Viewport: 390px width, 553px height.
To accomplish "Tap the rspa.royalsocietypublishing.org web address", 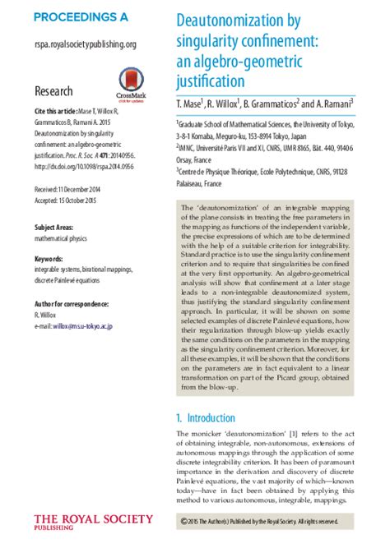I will point(86,44).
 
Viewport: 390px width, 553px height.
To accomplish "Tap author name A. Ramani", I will point(330,104).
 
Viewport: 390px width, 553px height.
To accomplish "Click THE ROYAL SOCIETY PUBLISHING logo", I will point(93,522).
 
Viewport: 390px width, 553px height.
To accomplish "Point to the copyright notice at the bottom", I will point(259,521).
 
